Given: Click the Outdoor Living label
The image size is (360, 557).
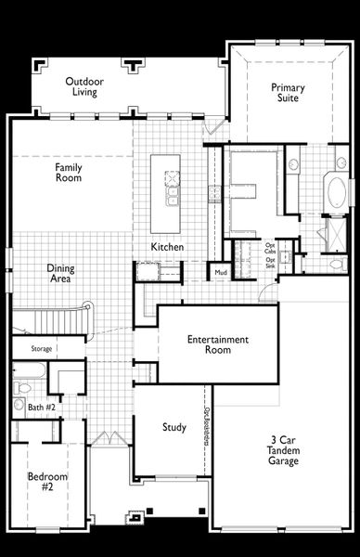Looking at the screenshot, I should click(84, 87).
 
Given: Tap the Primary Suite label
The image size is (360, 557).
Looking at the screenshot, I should click(288, 93).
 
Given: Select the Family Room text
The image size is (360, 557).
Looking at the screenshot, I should click(69, 172).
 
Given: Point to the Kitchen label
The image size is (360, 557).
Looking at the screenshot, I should click(168, 248).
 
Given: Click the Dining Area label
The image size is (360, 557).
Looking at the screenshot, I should click(61, 274).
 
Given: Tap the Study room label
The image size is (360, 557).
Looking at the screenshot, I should click(174, 428).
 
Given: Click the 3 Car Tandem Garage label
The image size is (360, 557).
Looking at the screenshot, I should click(284, 449).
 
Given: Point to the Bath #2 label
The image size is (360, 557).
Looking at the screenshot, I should click(42, 408).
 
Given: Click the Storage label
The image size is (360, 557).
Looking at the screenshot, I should click(41, 349).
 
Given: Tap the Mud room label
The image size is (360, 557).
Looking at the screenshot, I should click(221, 273).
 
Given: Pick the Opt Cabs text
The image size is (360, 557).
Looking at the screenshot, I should click(270, 249).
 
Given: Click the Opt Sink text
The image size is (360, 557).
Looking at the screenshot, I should click(270, 263).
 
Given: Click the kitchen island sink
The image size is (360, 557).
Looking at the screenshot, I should click(172, 198).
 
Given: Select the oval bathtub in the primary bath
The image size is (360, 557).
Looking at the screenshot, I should click(337, 193).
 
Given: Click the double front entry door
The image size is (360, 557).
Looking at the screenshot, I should click(110, 437).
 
